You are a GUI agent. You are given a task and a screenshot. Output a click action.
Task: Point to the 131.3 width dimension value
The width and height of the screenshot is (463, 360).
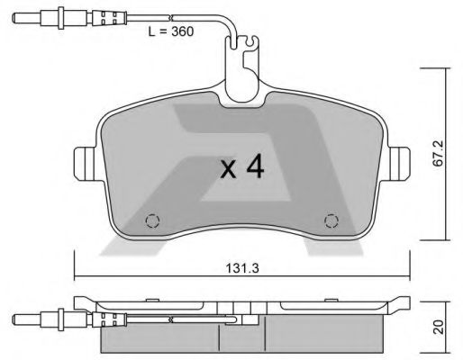[x=240, y=267]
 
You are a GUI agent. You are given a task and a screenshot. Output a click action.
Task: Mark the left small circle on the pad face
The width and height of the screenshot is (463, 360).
[x=152, y=220]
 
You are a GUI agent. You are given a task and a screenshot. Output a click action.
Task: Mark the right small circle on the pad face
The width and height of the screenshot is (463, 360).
[x=330, y=220]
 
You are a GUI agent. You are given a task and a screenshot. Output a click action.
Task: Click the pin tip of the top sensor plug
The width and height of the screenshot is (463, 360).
[x=18, y=16]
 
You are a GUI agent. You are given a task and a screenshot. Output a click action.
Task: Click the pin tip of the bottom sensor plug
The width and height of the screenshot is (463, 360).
[x=18, y=319]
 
